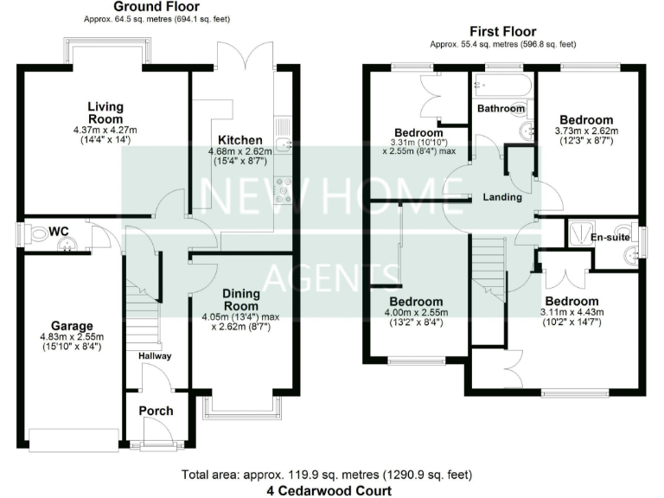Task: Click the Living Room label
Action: click(x=105, y=112)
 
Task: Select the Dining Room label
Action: click(x=240, y=299)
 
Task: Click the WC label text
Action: click(x=59, y=231)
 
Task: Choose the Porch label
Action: click(x=156, y=411)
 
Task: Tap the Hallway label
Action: click(x=155, y=355)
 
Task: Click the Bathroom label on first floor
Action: click(x=501, y=109)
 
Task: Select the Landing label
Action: click(x=502, y=197)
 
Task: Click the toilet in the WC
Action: click(x=36, y=233)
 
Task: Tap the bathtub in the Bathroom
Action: click(x=502, y=86)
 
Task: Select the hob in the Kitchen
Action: click(x=282, y=189)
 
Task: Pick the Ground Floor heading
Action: click(x=151, y=8)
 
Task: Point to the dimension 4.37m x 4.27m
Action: click(x=105, y=130)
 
